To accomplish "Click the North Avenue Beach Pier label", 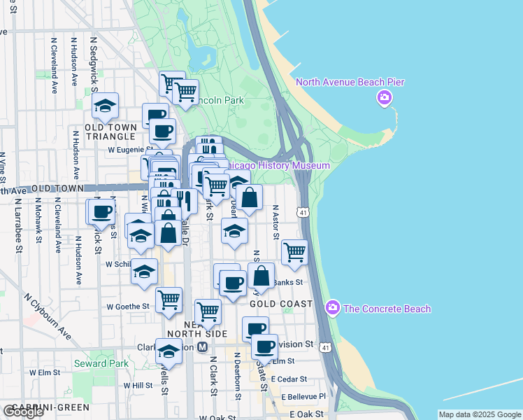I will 350,82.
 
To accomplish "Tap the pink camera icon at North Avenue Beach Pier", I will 384,98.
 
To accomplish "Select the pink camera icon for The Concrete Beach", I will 333,308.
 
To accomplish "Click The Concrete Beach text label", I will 387,309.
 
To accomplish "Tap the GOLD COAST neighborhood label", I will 280,304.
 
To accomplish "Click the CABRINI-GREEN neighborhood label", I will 45,407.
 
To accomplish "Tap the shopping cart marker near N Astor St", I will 295,251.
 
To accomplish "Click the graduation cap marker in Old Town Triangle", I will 106,106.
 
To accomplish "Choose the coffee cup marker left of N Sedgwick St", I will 99,211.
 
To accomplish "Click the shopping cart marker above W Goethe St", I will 169,300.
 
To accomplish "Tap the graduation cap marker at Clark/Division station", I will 169,351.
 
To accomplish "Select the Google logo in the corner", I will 23,412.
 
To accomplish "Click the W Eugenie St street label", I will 130,149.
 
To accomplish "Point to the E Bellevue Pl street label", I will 303,396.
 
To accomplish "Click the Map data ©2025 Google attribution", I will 480,414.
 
